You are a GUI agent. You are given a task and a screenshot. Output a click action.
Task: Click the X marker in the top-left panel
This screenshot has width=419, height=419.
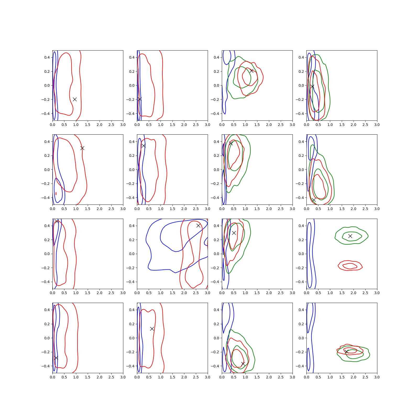(75, 99)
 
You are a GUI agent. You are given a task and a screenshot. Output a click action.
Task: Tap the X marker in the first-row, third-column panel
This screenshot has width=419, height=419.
(251, 71)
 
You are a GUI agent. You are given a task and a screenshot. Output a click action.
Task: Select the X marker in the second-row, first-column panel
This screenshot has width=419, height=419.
(82, 148)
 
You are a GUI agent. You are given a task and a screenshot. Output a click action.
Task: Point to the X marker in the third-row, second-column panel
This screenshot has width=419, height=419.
(198, 225)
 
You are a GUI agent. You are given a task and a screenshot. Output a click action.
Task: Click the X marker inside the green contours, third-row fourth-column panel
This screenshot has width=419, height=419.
(350, 236)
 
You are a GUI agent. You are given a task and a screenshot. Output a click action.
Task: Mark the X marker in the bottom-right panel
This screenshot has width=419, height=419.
(346, 352)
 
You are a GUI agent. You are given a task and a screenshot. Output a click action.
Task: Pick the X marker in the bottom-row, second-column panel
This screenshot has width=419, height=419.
(152, 329)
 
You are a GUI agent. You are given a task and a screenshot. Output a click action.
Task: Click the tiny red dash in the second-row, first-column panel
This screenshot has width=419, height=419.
(56, 194)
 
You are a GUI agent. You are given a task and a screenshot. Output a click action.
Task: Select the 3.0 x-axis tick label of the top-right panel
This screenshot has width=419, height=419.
(377, 125)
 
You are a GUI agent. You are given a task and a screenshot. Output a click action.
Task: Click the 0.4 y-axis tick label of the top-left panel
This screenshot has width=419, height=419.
(47, 57)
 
